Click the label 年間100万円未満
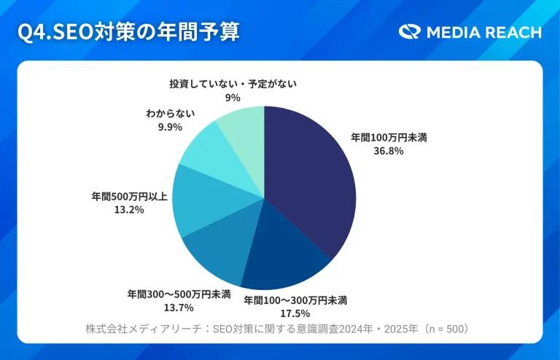click(x=384, y=137)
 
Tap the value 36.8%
click(x=384, y=151)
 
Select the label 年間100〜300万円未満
click(x=295, y=300)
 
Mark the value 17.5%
click(x=295, y=313)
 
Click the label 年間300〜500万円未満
click(x=179, y=294)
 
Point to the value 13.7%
click(x=179, y=308)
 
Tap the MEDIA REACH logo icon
click(x=410, y=32)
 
